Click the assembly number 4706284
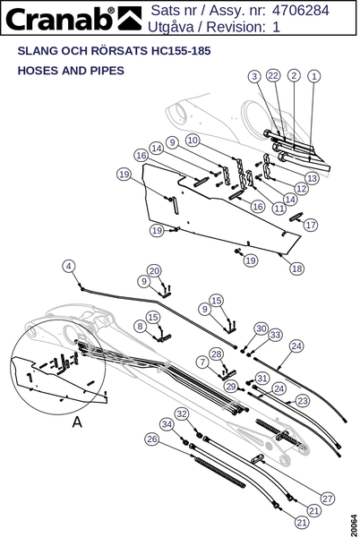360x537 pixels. tap(300, 10)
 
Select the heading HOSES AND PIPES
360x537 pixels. tap(71, 71)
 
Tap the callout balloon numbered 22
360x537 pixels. tap(273, 75)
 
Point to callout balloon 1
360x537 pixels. tap(314, 76)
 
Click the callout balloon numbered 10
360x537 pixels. tap(193, 141)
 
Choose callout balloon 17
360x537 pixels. tap(311, 225)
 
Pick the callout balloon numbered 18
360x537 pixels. tap(296, 268)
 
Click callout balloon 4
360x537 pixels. tap(69, 266)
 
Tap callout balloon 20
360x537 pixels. tap(154, 271)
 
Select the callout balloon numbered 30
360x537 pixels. tap(261, 328)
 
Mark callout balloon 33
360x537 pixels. tap(276, 335)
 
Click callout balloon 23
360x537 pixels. tap(303, 400)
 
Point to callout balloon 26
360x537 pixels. tap(151, 439)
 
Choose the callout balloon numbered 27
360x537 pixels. tap(328, 499)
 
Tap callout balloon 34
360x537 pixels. tap(167, 424)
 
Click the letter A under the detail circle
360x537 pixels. tap(77, 422)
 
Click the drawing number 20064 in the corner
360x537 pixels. tap(353, 524)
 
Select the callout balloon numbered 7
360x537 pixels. tap(202, 362)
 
